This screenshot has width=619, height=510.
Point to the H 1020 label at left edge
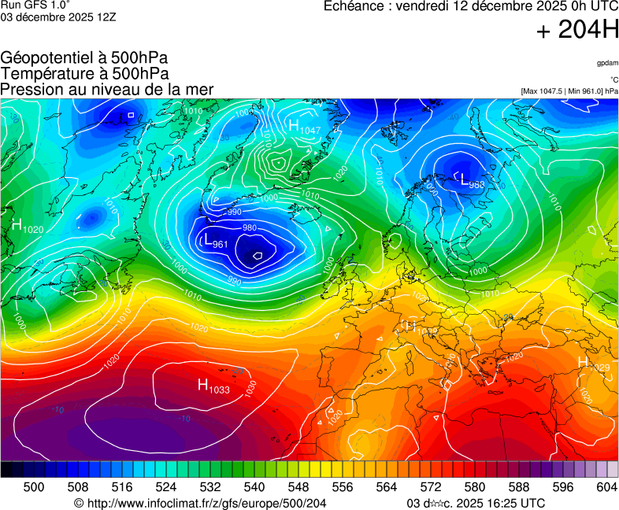27,225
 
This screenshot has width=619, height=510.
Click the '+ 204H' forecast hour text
577,31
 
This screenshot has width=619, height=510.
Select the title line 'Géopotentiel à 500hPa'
84,58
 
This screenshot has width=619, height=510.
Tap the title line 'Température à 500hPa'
84,73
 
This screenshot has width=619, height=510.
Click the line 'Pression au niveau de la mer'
107,89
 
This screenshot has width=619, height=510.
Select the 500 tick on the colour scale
34,487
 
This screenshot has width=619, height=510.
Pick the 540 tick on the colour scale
254,487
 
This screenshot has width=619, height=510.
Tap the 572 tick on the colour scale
431,487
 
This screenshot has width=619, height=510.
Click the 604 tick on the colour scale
606,487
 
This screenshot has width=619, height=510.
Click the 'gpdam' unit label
607,62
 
